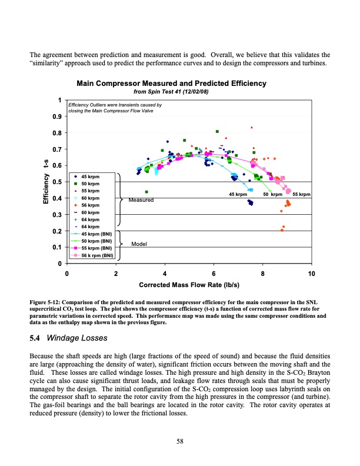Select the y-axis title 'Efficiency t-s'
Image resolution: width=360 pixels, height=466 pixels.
[x=45, y=182]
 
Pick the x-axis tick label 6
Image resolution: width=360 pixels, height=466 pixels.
[x=214, y=273]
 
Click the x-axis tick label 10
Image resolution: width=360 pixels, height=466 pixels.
[x=311, y=273]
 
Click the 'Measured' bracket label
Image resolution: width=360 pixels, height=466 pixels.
[x=140, y=201]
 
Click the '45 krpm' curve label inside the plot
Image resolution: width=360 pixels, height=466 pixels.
[x=238, y=194]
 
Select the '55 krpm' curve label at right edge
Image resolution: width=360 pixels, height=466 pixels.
[x=301, y=194]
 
